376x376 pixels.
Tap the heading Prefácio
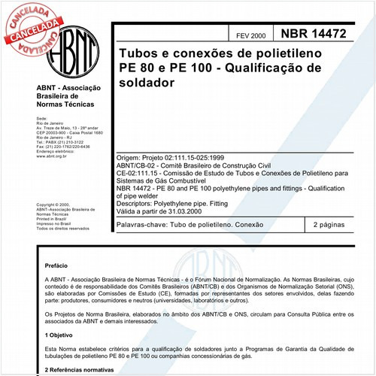[58, 265]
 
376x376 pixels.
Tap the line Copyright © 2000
[53, 205]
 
